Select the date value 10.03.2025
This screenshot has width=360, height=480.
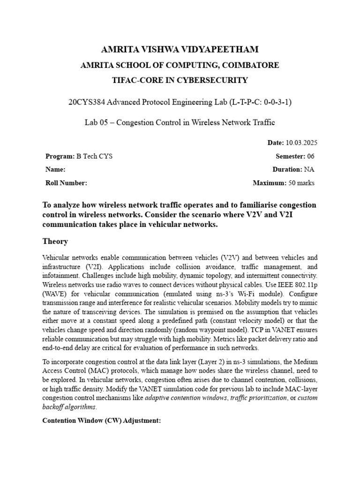click(x=305, y=142)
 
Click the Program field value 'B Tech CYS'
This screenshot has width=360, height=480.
click(x=94, y=156)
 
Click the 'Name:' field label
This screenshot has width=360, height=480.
click(x=55, y=170)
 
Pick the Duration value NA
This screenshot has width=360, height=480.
click(x=310, y=170)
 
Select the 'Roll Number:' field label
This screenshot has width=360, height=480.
click(x=66, y=183)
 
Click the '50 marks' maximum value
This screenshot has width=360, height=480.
click(x=302, y=183)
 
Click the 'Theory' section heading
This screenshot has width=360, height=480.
click(x=55, y=241)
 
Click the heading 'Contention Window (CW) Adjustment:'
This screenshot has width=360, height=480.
click(x=102, y=420)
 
